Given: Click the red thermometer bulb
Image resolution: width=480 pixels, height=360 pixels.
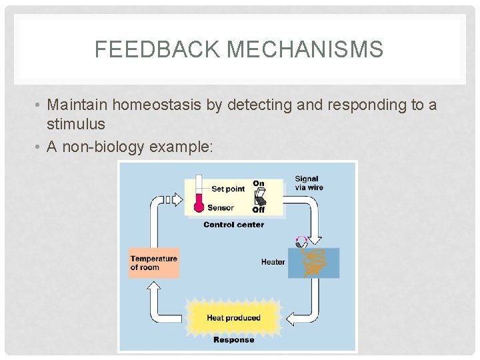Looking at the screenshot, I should (198, 207).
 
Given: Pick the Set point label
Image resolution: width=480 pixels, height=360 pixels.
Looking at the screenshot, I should (227, 189).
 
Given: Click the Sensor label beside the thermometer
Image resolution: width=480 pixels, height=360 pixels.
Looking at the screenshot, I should (221, 207).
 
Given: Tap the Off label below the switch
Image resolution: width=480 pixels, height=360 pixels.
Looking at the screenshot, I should (259, 210).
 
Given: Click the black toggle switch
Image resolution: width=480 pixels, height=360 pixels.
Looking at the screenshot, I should (260, 197).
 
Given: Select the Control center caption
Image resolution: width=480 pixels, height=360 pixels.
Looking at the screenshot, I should (233, 225).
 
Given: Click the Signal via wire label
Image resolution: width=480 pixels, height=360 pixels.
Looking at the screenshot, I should (307, 183).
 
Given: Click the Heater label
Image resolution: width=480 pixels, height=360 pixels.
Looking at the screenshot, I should (273, 262).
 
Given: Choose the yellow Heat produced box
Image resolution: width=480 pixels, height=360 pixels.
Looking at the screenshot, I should (233, 317).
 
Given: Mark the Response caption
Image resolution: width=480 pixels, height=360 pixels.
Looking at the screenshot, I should (233, 339).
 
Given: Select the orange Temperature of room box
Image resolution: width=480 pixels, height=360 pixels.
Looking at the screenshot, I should (153, 263).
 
